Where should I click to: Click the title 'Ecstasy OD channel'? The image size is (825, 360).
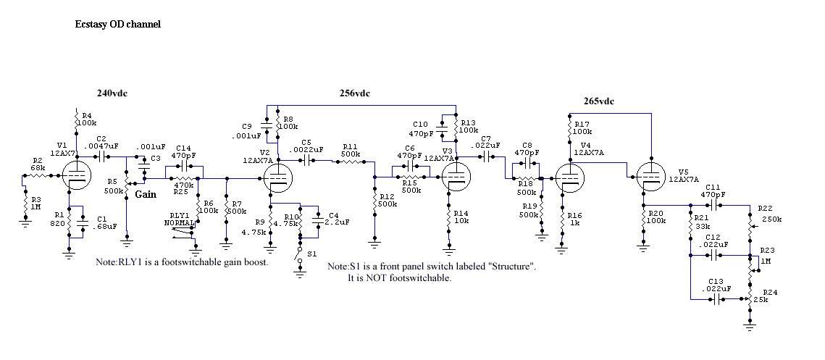click(x=118, y=24)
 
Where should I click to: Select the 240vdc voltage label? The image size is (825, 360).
click(x=112, y=93)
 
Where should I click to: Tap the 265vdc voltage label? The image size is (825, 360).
click(x=599, y=101)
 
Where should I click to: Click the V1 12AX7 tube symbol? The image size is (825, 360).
click(x=75, y=175)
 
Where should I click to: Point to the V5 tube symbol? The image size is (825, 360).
click(x=650, y=176)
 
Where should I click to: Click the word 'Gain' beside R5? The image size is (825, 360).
click(x=146, y=194)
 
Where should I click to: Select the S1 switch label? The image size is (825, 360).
click(x=312, y=254)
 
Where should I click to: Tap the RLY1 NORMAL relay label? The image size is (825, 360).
click(x=180, y=219)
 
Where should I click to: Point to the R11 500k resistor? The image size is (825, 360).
click(x=351, y=162)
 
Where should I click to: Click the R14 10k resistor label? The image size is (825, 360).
click(x=461, y=217)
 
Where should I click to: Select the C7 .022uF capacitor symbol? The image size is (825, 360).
click(x=490, y=156)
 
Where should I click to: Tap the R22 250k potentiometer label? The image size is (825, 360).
click(x=769, y=214)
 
